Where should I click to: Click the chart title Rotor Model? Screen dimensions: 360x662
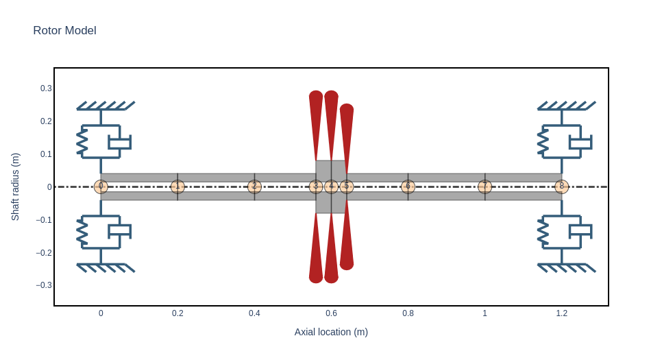click(64, 31)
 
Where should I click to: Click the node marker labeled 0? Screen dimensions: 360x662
click(101, 187)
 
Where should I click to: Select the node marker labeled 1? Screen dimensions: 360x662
click(177, 187)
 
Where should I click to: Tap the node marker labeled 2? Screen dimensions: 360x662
click(254, 187)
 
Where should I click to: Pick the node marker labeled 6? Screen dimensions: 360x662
click(408, 187)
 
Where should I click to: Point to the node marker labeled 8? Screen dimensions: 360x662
click(561, 187)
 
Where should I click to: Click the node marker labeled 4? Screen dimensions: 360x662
click(331, 187)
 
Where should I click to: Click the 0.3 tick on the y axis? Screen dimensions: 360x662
click(46, 88)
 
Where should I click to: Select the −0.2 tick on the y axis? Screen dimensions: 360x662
click(44, 252)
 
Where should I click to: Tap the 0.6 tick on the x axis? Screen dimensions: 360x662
click(331, 313)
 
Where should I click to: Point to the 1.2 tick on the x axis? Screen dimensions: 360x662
click(561, 313)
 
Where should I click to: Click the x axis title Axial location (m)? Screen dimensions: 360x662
click(331, 332)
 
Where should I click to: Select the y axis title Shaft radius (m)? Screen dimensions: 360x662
click(15, 187)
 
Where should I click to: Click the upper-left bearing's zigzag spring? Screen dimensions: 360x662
click(82, 142)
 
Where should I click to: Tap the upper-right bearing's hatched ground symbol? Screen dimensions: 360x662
click(566, 106)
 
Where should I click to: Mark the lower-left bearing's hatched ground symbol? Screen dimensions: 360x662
click(106, 268)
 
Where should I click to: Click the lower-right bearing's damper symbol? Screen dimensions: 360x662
click(581, 230)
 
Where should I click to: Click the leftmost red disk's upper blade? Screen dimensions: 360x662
click(316, 123)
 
